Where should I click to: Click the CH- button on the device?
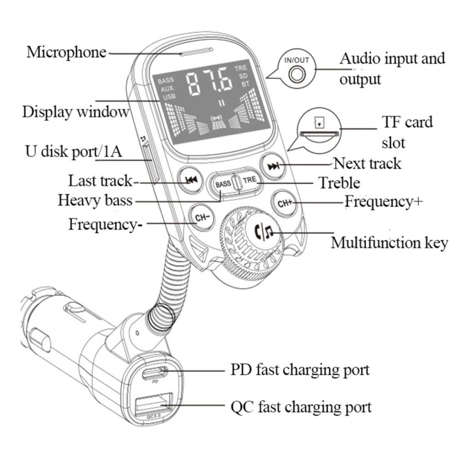[x=202, y=217]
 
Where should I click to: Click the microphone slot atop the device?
[x=196, y=52]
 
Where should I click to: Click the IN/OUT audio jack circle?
[x=295, y=75]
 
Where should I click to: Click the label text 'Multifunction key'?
[x=389, y=243]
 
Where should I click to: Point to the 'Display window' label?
[x=75, y=112]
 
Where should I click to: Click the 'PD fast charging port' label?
[x=300, y=370]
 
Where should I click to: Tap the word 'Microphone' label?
[x=67, y=52]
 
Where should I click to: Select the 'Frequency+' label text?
[x=384, y=202]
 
